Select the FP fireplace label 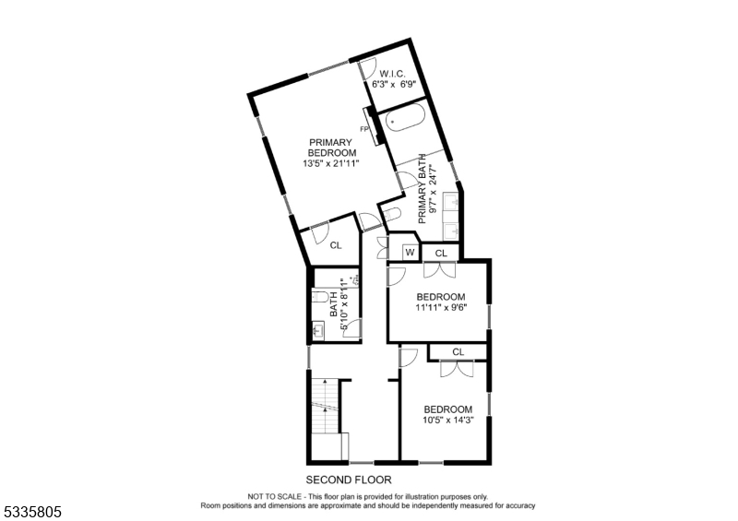(x=364, y=129)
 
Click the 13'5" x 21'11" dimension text (x=330, y=163)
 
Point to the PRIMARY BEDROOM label (x=330, y=147)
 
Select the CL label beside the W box (x=441, y=252)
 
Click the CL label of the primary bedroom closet (x=336, y=245)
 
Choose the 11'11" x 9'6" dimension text (x=441, y=308)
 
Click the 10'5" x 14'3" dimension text (x=447, y=420)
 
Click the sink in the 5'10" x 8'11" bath (x=318, y=329)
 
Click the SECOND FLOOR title (x=348, y=480)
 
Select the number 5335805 (x=33, y=509)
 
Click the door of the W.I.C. (x=366, y=70)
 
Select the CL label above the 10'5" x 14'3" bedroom (x=458, y=351)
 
